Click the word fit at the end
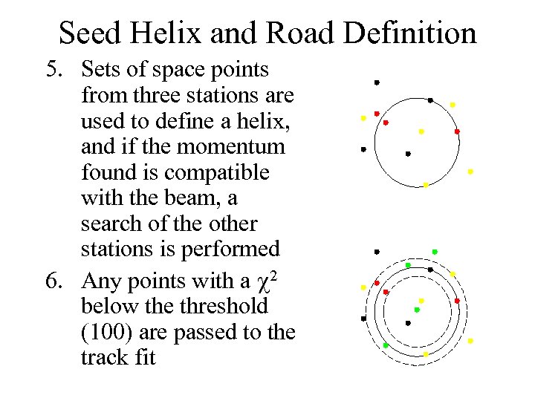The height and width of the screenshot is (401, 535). (x=146, y=358)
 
